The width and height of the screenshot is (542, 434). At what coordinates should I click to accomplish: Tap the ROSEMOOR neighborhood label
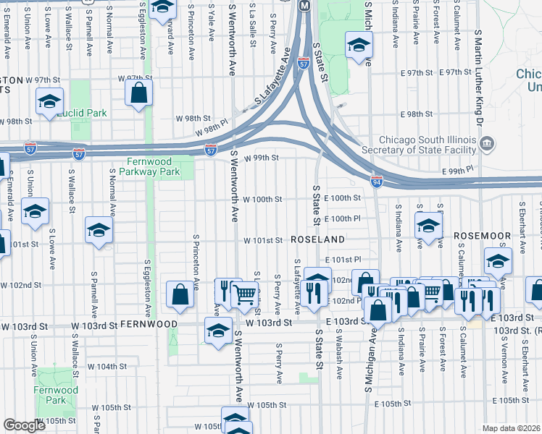[x=478, y=236]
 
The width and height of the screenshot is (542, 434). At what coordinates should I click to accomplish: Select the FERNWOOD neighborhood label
[x=149, y=323]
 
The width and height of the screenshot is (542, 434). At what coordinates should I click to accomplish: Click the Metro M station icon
[x=304, y=5]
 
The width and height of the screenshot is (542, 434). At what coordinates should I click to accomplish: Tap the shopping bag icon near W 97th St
[x=138, y=94]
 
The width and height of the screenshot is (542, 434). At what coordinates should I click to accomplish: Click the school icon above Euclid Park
[x=49, y=102]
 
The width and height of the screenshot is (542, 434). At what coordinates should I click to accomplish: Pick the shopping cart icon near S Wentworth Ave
[x=246, y=294]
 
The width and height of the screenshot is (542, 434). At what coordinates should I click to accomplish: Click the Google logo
[x=24, y=425]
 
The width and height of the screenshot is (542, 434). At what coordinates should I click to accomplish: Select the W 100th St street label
[x=262, y=199]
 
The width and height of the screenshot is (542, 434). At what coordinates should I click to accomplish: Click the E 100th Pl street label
[x=342, y=218]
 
